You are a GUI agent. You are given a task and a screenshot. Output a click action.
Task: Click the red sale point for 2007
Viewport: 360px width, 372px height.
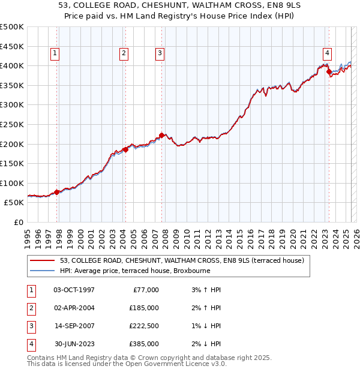(161, 135)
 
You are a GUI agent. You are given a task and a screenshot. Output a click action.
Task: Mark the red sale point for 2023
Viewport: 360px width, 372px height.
(329, 71)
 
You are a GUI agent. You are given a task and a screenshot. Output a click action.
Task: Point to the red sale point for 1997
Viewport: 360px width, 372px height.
(57, 192)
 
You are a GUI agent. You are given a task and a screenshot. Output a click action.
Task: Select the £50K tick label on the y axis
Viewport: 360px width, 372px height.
(14, 203)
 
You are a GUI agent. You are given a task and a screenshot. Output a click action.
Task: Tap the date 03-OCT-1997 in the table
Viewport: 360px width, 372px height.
(74, 290)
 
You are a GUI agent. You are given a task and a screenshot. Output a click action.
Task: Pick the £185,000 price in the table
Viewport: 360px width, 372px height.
(143, 308)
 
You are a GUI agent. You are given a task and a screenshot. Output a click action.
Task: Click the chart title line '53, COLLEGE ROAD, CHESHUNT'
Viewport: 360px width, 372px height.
(179, 6)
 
